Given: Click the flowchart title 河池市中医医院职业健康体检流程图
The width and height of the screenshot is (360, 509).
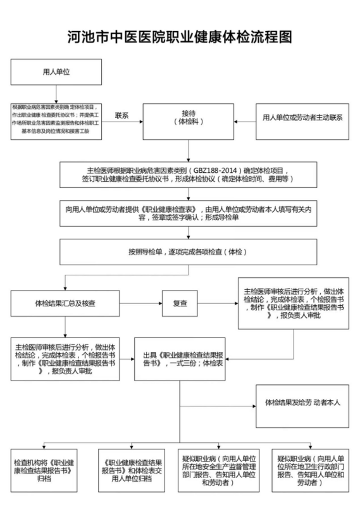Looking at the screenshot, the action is point(180,37).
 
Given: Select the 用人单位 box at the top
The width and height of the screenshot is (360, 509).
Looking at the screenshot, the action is point(56,72).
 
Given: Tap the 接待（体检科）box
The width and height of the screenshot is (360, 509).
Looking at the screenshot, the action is point(189,122).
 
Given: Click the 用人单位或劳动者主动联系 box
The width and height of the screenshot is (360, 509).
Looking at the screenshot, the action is point(302,122).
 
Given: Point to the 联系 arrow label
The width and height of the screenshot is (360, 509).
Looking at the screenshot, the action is point(122,116).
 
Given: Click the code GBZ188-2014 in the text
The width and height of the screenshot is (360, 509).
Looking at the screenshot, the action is point(214,171).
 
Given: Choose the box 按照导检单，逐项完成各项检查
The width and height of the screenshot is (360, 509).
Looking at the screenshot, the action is point(188,252).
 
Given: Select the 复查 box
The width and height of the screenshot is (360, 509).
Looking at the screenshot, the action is point(180,303).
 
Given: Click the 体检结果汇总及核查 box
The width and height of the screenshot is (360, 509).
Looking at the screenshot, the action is point(65,303).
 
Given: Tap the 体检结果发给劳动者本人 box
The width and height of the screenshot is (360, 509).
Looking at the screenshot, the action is point(302,406).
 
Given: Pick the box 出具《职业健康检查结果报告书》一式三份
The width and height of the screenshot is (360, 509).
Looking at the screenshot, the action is point(180,359).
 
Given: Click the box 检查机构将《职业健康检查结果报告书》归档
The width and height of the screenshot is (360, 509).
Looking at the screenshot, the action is point(44,470).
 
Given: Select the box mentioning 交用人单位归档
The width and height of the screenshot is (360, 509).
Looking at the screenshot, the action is point(132,470).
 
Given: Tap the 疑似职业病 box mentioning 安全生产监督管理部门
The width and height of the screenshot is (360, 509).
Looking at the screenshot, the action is point(219,470).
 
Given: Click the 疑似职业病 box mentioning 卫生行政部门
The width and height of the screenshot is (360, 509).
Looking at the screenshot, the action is point(311,470).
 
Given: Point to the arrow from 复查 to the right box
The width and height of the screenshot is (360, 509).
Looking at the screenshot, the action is point(218,303).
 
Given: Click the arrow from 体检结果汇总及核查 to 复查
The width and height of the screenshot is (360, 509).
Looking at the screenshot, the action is point(140,303).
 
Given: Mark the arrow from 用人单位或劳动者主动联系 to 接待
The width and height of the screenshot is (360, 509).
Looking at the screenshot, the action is point(245,122).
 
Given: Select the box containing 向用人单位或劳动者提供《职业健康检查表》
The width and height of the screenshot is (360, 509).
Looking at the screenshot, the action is point(188,213).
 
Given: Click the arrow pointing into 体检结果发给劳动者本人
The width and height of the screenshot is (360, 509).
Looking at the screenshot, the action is point(218,406).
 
